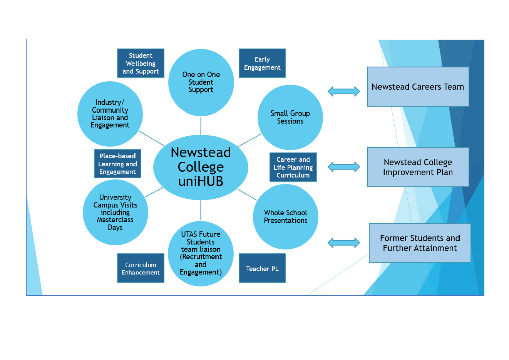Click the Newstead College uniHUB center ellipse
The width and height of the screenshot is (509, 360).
pos(201,167)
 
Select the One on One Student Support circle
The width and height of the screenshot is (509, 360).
pos(201,82)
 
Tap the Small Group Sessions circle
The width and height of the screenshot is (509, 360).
pos(290,117)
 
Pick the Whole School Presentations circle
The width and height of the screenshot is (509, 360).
pos(286,217)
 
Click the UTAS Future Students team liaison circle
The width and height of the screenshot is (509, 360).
pos(201,253)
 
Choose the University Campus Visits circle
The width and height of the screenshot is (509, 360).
pos(116,212)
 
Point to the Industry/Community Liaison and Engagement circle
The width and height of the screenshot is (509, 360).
pos(110,114)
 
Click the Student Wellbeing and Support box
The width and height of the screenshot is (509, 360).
pos(141,63)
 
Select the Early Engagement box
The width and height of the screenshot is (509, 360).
pos(262,63)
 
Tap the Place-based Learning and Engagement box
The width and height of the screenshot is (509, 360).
pos(117,164)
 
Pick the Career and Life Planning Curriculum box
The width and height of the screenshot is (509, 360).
pos(293,167)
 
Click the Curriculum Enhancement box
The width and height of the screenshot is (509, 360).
pos(141,268)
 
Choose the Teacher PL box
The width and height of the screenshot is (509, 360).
pos(262,268)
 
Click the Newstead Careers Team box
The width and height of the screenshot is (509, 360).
pos(418,87)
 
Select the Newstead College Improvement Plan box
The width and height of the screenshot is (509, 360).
pos(418,167)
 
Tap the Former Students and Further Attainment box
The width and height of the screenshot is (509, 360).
pos(420,243)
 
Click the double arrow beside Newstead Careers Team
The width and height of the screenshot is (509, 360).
pos(343,91)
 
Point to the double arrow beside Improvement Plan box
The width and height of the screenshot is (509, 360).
pos(343,167)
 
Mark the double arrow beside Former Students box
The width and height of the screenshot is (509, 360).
pos(343,243)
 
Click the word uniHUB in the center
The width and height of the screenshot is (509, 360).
pos(201,181)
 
